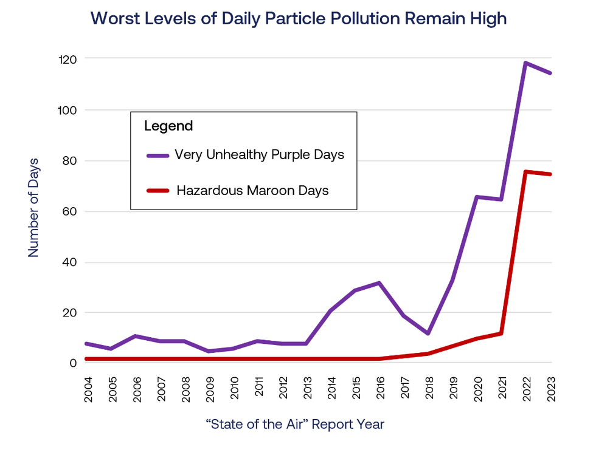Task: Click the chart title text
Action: pyautogui.click(x=298, y=18)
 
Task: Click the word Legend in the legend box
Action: pyautogui.click(x=168, y=126)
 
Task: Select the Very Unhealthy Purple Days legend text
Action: pyautogui.click(x=260, y=155)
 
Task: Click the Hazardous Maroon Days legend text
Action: pyautogui.click(x=252, y=191)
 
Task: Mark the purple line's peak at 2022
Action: pyautogui.click(x=525, y=63)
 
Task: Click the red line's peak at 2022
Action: pyautogui.click(x=525, y=171)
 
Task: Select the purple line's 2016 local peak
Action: pyautogui.click(x=379, y=282)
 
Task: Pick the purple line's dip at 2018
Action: pyautogui.click(x=428, y=333)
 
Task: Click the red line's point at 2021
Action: pyautogui.click(x=501, y=333)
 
